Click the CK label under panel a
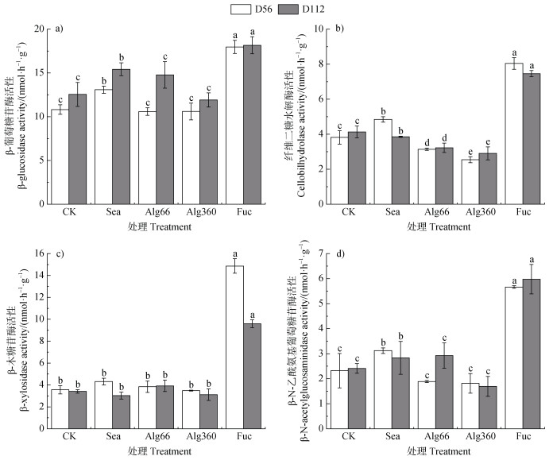tap(68, 213)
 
